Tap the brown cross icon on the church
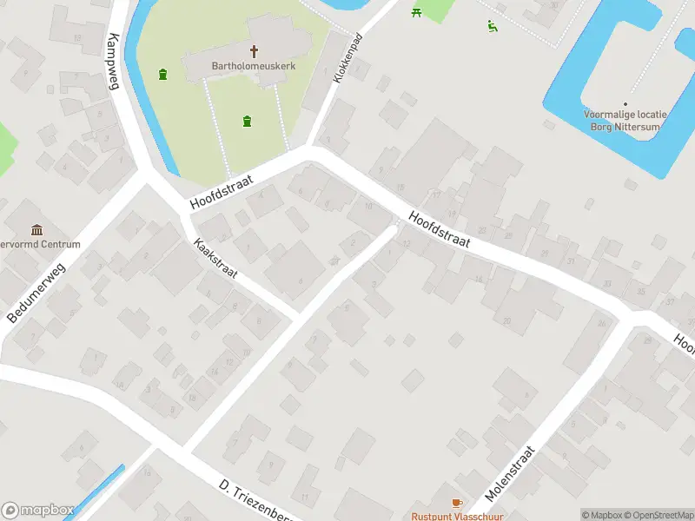coord(255,51)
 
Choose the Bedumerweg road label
coord(36,293)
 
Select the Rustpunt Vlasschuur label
coord(457,516)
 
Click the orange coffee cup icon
coord(457,503)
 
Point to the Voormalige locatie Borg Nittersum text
coord(625,121)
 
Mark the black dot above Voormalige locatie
coord(625,103)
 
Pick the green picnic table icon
coord(417,11)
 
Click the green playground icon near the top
coord(493,25)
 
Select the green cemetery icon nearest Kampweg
coord(162,74)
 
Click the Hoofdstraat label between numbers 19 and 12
coord(440,231)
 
